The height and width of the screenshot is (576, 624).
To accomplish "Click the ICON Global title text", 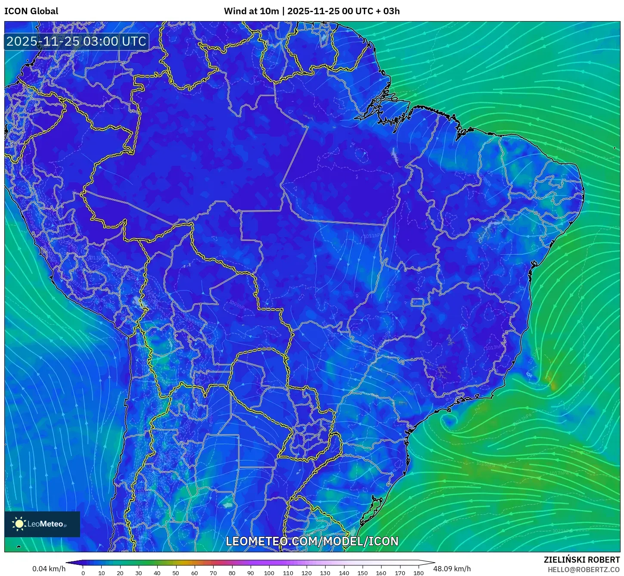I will click(x=31, y=11).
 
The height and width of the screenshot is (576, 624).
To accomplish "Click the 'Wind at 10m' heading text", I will click(x=251, y=11).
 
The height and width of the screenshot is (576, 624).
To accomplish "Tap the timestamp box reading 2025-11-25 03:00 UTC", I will click(x=76, y=41).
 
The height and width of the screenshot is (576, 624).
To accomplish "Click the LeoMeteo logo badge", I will click(x=42, y=524).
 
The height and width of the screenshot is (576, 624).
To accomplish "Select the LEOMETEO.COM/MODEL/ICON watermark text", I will click(x=312, y=541).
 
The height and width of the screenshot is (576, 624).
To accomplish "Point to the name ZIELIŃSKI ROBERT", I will click(x=581, y=560).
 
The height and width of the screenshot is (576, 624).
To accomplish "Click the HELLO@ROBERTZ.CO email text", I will click(x=584, y=570).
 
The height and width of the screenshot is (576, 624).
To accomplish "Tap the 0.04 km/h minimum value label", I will click(x=49, y=569).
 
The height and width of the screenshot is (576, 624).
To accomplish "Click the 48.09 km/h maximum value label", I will click(x=452, y=569).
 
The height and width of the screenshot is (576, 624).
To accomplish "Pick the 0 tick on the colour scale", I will click(x=83, y=573).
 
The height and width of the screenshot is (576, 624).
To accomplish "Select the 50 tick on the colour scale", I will click(x=176, y=573).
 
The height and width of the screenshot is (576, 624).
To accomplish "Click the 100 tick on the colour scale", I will click(x=269, y=573).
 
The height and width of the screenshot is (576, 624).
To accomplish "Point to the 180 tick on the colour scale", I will click(x=418, y=573).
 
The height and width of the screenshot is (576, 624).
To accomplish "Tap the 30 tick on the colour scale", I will click(x=139, y=573).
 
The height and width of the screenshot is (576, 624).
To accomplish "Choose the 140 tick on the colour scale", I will click(x=344, y=573).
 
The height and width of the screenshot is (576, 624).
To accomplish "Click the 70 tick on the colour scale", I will click(x=213, y=573).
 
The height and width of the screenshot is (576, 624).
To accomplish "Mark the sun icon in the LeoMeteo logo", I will click(x=19, y=524).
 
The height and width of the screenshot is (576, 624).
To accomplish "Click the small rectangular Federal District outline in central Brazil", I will click(x=417, y=302).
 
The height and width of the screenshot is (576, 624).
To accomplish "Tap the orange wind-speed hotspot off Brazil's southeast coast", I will click(x=553, y=383).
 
